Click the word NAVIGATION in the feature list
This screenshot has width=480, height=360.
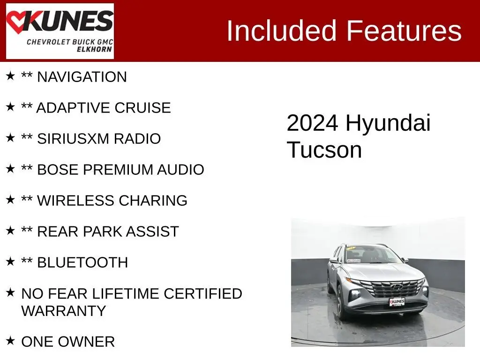82,77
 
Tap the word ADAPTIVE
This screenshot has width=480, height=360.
74,108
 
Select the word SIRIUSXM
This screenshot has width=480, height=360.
73,139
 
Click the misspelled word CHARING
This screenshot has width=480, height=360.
153,201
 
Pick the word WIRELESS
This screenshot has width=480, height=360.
76,201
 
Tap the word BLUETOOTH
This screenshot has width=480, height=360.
82,262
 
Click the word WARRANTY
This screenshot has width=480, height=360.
64,311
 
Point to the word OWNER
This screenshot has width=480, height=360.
86,342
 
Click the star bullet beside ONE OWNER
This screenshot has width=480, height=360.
10,340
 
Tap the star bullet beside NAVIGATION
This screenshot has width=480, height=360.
10,75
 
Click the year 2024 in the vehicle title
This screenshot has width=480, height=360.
312,123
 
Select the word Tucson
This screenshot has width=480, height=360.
324,150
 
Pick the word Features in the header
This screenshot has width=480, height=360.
404,30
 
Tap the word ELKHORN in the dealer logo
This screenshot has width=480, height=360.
94,49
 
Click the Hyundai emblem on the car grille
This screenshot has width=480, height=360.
397,287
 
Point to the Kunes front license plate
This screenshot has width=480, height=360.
397,302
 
